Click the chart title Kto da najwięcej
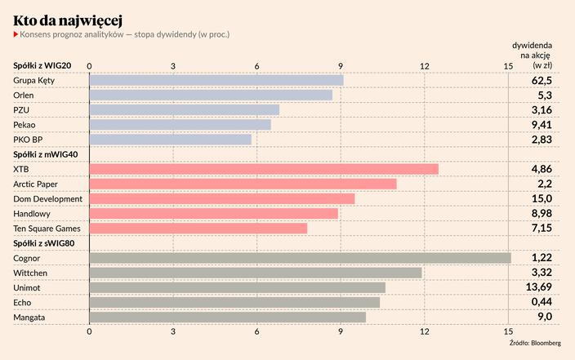[x=69, y=18]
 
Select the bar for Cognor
[x=300, y=258]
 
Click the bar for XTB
[x=263, y=169]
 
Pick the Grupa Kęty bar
[x=216, y=80]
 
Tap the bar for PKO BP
[x=170, y=140]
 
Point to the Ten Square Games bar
[x=198, y=229]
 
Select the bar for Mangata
[x=227, y=317]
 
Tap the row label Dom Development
[x=48, y=198]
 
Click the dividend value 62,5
[x=542, y=81]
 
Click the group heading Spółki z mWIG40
[x=47, y=154]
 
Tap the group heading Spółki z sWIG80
[x=46, y=243]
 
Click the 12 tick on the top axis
[x=425, y=65]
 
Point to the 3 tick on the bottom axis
[x=173, y=331]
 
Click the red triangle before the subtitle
[x=16, y=35]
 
